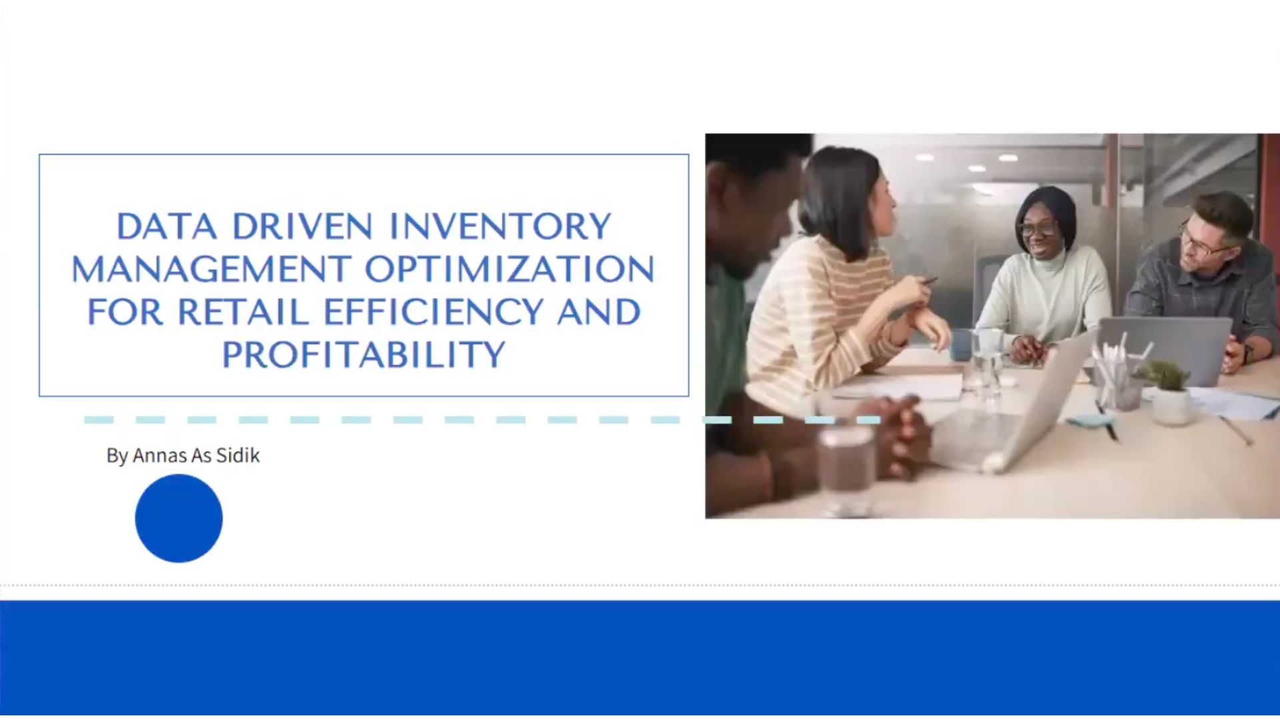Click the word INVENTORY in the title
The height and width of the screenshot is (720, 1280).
click(x=500, y=227)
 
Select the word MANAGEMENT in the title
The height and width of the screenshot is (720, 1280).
click(x=211, y=269)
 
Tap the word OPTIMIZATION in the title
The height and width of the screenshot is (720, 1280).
click(x=510, y=269)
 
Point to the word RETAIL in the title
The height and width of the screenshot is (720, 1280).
click(x=243, y=312)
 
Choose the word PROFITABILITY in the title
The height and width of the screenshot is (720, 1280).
click(x=363, y=355)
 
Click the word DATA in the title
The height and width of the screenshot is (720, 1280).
click(x=167, y=227)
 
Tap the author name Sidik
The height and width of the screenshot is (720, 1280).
click(x=238, y=455)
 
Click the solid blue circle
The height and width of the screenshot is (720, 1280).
click(x=179, y=518)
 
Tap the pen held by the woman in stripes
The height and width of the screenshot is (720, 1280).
click(x=927, y=281)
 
